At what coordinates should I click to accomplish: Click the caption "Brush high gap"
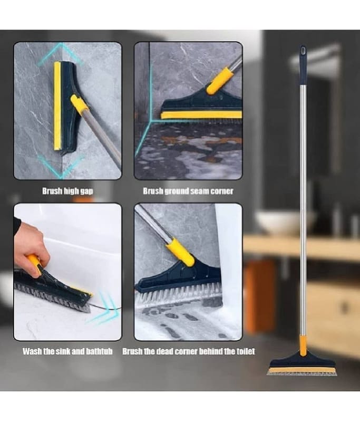67,191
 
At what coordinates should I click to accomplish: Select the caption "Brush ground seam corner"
188,191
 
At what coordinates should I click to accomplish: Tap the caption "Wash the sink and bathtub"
67,351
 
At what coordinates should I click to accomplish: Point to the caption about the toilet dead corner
189,351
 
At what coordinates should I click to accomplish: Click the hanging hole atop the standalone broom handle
303,50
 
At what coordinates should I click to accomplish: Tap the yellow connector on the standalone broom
303,346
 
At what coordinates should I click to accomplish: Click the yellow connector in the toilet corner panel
180,252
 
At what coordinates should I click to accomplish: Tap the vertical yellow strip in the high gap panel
57,107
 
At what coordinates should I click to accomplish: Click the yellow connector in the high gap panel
79,103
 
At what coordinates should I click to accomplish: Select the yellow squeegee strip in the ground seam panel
201,115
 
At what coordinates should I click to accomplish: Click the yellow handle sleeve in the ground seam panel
220,81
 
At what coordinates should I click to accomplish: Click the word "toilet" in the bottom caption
246,351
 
